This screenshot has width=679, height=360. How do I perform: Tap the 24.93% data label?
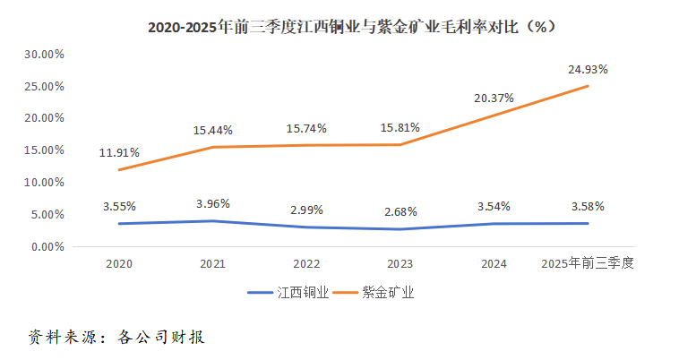pos(587,69)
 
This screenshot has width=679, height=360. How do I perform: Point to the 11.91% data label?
pos(119,153)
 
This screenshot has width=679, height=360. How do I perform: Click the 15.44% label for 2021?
pos(212,131)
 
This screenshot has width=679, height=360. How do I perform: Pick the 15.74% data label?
pos(307,128)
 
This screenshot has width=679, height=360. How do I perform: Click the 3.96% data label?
pos(212,203)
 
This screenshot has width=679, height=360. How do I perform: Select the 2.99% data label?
pos(307,210)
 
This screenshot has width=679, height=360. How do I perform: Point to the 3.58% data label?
pos(587,206)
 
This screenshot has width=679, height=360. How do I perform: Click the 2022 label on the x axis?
pos(307,264)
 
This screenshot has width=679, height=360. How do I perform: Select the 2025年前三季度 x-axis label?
pos(587,264)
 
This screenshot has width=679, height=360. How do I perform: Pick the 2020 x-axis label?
pos(119,264)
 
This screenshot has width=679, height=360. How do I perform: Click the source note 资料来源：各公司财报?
pos(117,338)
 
